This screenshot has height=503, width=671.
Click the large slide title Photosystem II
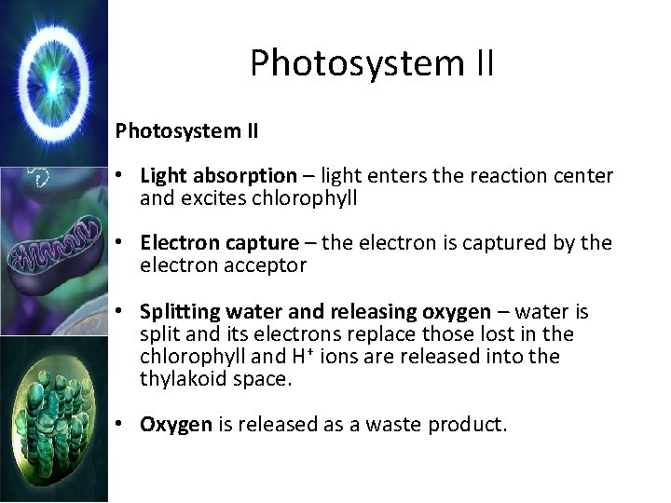click(372, 64)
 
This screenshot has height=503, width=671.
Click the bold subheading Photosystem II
click(186, 130)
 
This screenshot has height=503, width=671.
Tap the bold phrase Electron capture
click(219, 243)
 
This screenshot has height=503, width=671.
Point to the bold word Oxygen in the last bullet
click(176, 425)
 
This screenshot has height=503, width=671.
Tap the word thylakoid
click(183, 378)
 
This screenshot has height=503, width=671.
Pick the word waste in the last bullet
click(394, 425)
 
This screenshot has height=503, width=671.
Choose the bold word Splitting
click(178, 311)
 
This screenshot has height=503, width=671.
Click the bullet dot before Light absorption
click(121, 175)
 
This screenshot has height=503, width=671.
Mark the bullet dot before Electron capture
click(121, 243)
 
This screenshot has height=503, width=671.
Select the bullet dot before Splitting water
click(121, 311)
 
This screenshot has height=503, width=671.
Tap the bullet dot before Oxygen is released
click(121, 425)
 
